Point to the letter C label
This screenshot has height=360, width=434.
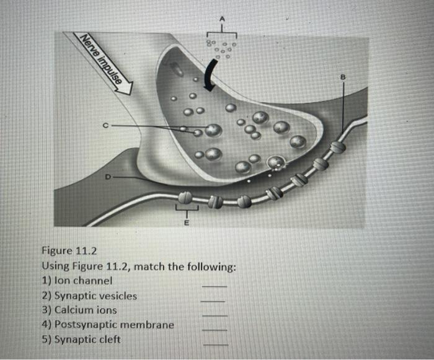(106, 126)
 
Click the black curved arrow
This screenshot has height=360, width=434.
(213, 75)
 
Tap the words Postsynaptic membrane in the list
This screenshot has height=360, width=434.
(114, 324)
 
